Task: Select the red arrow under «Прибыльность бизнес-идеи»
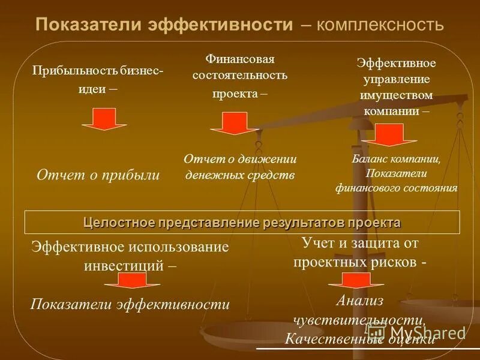click(x=104, y=119)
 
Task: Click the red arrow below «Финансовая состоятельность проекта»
click(x=229, y=123)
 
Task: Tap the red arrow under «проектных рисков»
click(x=350, y=280)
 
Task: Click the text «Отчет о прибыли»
click(x=98, y=175)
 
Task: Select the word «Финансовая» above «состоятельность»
click(x=240, y=60)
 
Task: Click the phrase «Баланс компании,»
click(x=396, y=160)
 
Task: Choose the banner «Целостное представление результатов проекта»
click(x=242, y=222)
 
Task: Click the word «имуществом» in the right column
click(x=396, y=96)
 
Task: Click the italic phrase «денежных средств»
click(x=240, y=175)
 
